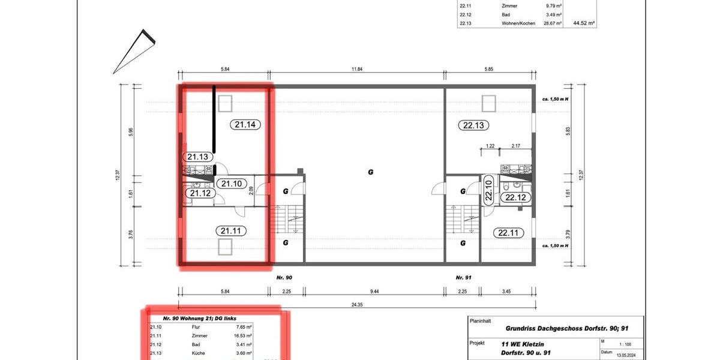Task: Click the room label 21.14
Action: pyautogui.click(x=245, y=125)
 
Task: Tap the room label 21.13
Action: pyautogui.click(x=197, y=157)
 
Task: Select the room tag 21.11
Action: pyautogui.click(x=230, y=230)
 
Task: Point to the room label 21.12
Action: pyautogui.click(x=200, y=193)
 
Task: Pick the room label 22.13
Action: pyautogui.click(x=473, y=125)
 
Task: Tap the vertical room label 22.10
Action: pyautogui.click(x=488, y=191)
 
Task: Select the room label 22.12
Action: pyautogui.click(x=515, y=197)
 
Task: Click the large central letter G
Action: pyautogui.click(x=370, y=172)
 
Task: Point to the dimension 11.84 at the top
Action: pyautogui.click(x=356, y=70)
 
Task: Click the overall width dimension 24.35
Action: pyautogui.click(x=356, y=304)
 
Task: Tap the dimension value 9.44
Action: pyautogui.click(x=374, y=291)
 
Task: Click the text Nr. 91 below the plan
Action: pyautogui.click(x=462, y=278)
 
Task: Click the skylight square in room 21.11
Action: pyautogui.click(x=224, y=247)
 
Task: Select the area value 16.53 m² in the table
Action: pyautogui.click(x=242, y=337)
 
